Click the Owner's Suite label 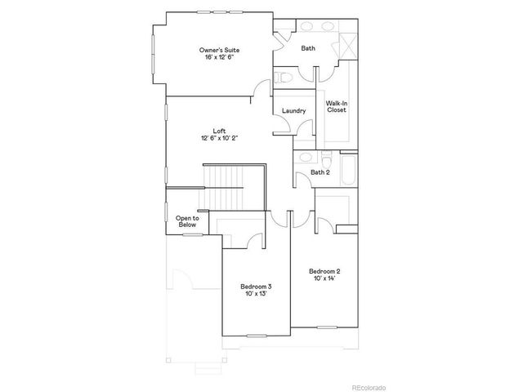[x=220, y=51]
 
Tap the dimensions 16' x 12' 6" [x=220, y=59]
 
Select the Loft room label [x=219, y=131]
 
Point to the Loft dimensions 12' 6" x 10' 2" [x=219, y=138]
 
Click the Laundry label [x=293, y=111]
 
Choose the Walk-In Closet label [x=337, y=106]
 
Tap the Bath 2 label [x=320, y=172]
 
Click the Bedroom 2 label [x=324, y=271]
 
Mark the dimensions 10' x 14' [x=324, y=278]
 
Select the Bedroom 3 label [x=256, y=287]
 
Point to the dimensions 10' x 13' [x=256, y=294]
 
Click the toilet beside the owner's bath [x=283, y=78]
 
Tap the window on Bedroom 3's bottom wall [x=257, y=335]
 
